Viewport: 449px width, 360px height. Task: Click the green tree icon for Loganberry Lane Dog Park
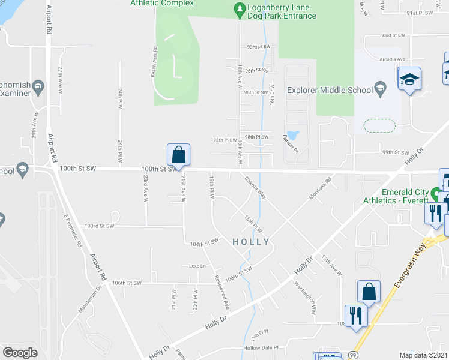239,8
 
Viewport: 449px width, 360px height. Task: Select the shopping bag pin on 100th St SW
179,155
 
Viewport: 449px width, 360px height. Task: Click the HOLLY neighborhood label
250,242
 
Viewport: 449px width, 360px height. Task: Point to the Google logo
20,353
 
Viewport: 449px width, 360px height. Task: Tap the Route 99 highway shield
354,356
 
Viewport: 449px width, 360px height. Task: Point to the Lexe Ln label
197,266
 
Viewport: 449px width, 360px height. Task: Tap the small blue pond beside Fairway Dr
293,133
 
